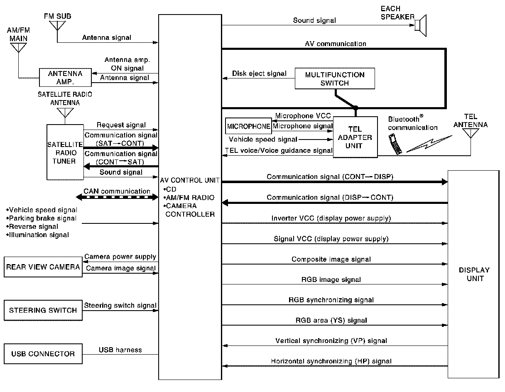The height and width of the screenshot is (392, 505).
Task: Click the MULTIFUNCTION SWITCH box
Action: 335,79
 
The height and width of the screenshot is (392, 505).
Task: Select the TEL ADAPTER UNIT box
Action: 355,137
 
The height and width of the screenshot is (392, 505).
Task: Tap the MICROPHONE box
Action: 248,126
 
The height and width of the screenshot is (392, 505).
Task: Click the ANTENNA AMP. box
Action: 66,77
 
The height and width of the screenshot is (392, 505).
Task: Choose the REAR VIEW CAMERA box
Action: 43,267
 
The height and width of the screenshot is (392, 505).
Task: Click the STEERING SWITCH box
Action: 43,310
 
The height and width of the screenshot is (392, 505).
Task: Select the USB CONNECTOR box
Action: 43,354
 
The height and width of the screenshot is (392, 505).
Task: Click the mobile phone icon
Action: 395,144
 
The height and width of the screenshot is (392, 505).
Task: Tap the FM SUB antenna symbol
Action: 57,24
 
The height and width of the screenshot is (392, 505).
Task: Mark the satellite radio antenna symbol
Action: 65,113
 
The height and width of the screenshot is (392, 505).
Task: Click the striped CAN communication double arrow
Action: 117,198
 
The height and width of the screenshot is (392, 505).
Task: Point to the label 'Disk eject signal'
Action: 259,73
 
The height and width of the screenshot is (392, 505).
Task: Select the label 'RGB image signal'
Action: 331,279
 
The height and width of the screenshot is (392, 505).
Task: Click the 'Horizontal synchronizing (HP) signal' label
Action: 331,361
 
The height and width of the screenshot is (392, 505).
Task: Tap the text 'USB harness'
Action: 120,350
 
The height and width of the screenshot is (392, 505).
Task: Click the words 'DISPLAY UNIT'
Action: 474,274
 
